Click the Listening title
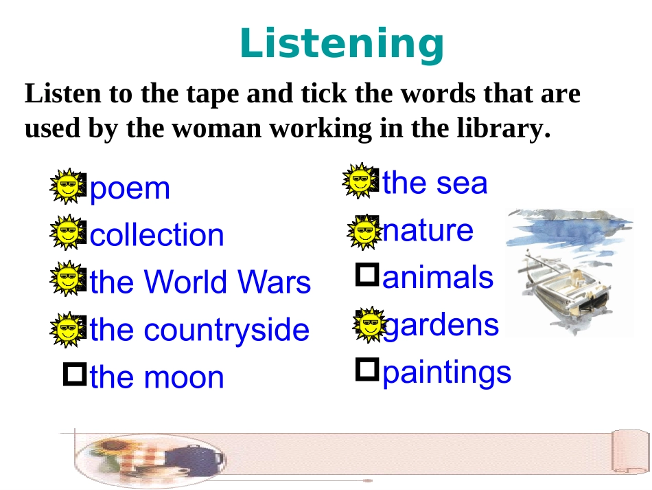tap(342, 43)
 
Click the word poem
tap(130, 188)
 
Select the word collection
tap(157, 235)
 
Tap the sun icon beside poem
tap(67, 186)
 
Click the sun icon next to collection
tap(67, 232)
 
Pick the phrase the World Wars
tap(200, 282)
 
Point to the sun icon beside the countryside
tap(67, 329)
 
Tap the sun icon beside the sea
tap(359, 181)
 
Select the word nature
tap(428, 230)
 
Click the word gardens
tap(441, 324)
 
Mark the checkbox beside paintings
tap(368, 370)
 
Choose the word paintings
tap(447, 372)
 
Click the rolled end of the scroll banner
tap(629, 452)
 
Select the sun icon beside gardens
tap(370, 324)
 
